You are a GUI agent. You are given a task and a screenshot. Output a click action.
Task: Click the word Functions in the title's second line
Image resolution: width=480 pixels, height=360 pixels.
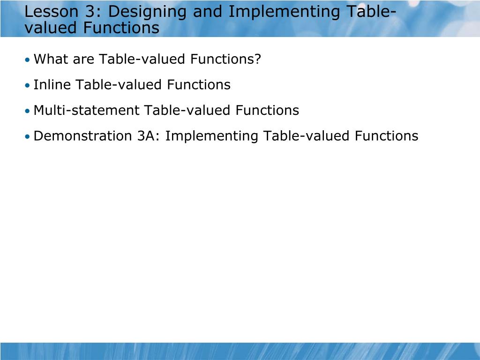(x=121, y=28)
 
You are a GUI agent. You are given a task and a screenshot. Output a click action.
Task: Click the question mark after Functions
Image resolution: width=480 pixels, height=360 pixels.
(x=257, y=60)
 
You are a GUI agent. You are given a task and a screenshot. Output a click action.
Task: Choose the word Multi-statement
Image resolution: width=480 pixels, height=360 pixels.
(x=87, y=111)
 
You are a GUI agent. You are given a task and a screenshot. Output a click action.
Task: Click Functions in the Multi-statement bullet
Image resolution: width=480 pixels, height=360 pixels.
(x=267, y=111)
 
